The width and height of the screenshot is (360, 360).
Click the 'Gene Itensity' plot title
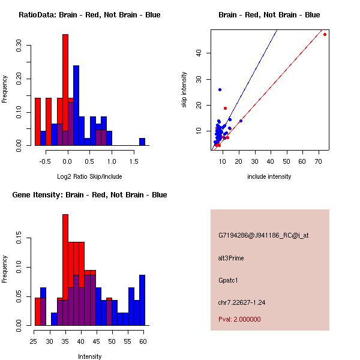point(89,195)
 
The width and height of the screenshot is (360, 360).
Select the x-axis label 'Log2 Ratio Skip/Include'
point(89,176)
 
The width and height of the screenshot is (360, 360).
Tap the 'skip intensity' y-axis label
point(184,90)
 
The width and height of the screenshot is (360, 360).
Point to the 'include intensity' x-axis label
point(269,176)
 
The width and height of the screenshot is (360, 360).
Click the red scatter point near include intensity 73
point(325,34)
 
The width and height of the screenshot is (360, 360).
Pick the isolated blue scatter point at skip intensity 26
point(220,89)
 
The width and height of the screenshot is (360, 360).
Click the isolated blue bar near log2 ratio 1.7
point(142,142)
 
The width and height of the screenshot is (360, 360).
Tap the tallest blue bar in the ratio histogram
point(76,105)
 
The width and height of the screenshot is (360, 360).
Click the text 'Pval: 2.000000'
point(239,319)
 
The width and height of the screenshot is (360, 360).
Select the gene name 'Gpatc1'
point(229,280)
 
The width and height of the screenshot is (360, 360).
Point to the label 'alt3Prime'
point(232,259)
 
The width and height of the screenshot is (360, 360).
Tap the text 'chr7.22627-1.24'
point(241,302)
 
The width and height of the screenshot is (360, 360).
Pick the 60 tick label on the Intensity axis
point(142,341)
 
